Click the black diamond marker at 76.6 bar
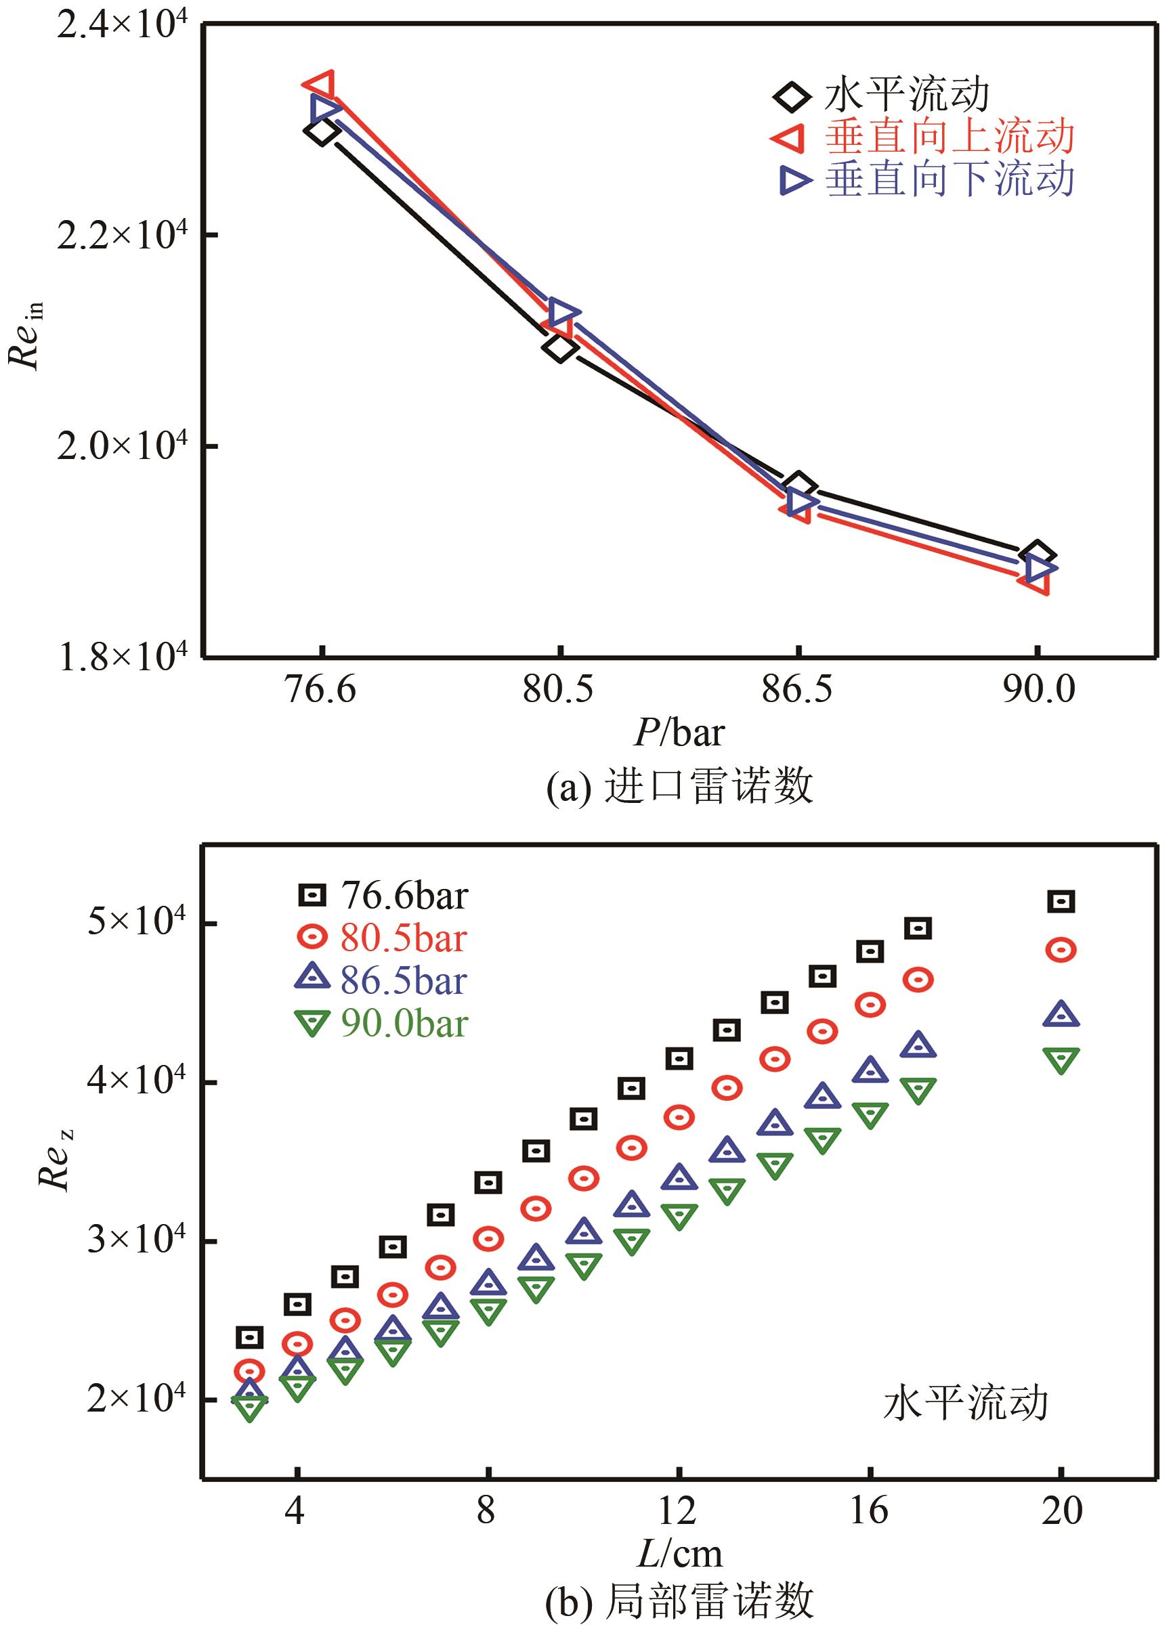point(322,131)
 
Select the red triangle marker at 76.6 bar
point(320,85)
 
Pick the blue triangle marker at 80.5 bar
point(563,312)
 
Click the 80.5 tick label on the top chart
point(558,689)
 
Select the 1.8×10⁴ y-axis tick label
point(121,657)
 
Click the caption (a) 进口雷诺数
point(680,787)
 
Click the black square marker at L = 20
point(1061,901)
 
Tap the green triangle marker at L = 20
point(1061,1060)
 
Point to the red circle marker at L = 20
point(1061,950)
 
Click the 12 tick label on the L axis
point(678,1509)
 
